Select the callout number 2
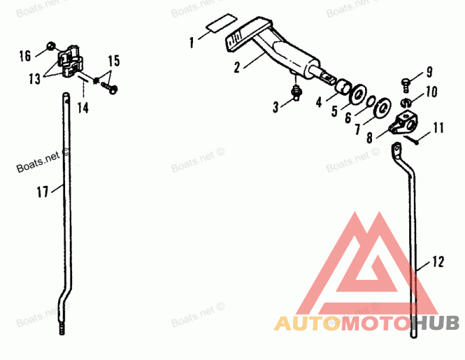click(237, 67)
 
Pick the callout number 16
click(24, 56)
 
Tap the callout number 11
click(438, 126)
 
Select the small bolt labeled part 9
click(407, 82)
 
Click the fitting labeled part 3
click(297, 91)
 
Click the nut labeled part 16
click(51, 45)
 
